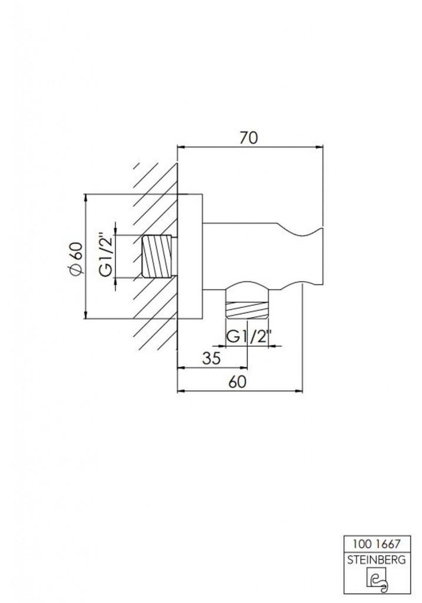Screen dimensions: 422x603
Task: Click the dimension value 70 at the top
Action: click(x=248, y=138)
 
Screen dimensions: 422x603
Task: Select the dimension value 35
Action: click(x=212, y=358)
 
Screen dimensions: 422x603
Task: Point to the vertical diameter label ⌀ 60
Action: click(x=75, y=259)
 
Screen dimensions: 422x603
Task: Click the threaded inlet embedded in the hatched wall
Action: click(x=158, y=256)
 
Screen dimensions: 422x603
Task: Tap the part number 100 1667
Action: click(x=377, y=544)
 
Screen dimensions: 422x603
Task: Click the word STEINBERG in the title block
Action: click(x=377, y=560)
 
